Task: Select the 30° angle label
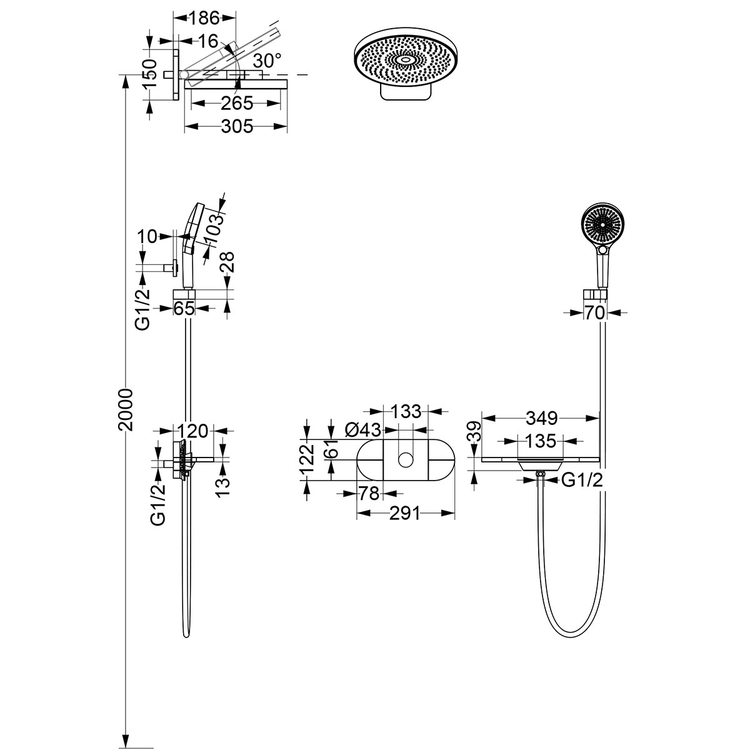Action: [267, 60]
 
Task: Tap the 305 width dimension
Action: [237, 127]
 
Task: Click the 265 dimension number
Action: [236, 102]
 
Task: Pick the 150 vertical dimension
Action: [148, 74]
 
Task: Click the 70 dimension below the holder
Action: [596, 312]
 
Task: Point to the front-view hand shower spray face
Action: [600, 224]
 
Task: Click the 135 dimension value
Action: [541, 441]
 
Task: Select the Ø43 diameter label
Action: [362, 429]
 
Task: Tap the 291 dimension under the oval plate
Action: [405, 513]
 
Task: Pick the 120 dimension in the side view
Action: [192, 431]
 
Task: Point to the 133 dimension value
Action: [406, 411]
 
